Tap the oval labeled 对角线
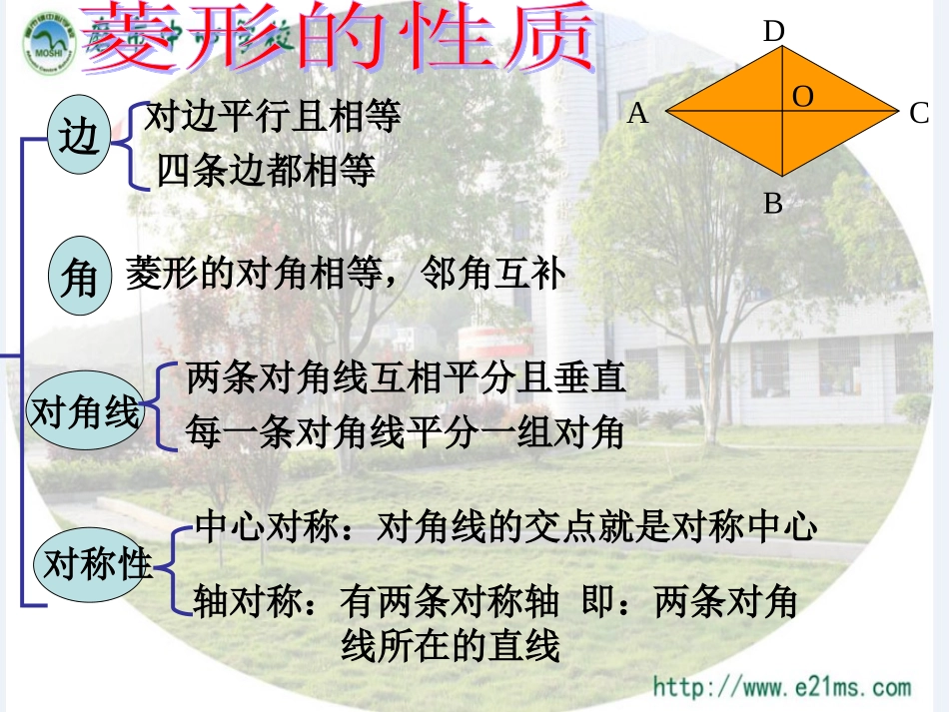85,411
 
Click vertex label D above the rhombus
773,32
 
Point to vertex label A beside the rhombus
637,115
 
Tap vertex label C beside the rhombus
919,114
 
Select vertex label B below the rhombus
773,204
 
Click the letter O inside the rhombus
803,96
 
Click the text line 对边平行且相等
273,118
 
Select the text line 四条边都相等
267,172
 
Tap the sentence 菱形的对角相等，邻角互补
346,275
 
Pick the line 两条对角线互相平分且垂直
406,377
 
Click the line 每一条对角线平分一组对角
405,432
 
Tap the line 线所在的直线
451,647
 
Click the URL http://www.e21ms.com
782,687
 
